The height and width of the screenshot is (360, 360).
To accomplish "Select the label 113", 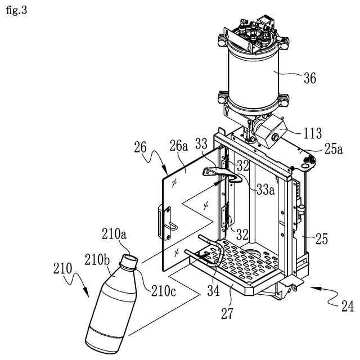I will tap(312, 133).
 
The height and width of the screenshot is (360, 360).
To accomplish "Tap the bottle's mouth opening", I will tap(130, 260).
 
